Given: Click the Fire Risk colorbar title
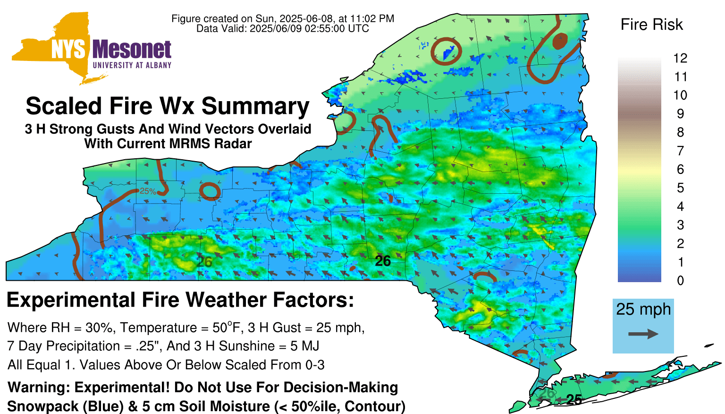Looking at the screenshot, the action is [x=651, y=25].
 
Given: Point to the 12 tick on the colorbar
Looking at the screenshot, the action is [x=680, y=58].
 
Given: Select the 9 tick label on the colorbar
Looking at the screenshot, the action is [x=680, y=114].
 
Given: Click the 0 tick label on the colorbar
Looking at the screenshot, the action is [x=680, y=281].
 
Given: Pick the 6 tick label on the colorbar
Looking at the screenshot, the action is [x=680, y=169].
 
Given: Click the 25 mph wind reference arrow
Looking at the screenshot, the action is [x=643, y=334].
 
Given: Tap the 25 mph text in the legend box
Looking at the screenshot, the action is [x=643, y=310].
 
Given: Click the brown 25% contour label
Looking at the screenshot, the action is [x=148, y=191].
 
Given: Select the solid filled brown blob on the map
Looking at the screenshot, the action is [x=560, y=41].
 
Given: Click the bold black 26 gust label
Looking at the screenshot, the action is [x=383, y=261].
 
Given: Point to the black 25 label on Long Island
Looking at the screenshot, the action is [x=574, y=400].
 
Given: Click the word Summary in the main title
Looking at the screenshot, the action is [x=255, y=106].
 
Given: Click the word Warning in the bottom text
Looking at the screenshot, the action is [x=39, y=388].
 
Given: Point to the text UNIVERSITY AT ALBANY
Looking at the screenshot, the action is [x=132, y=65].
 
